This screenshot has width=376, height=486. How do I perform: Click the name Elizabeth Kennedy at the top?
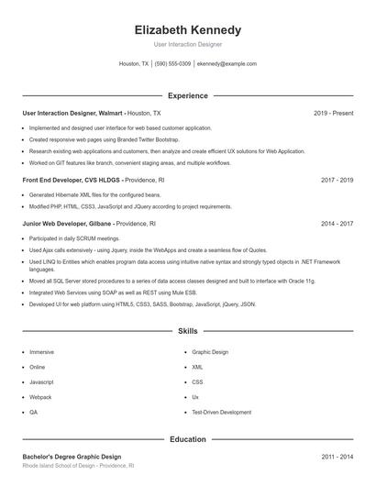(x=187, y=29)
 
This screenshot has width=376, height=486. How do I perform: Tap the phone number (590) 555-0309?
(x=172, y=64)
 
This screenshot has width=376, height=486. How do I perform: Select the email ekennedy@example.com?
(x=227, y=64)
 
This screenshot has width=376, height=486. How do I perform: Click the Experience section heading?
(x=187, y=95)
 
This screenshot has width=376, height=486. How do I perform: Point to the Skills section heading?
(x=187, y=330)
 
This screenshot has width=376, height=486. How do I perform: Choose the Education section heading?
(x=187, y=439)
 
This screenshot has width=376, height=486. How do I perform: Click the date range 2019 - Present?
(x=333, y=113)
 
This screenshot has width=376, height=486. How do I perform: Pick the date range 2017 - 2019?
(x=337, y=180)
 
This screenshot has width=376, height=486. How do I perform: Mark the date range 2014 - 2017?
(x=337, y=223)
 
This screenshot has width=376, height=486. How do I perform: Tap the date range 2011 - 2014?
(x=337, y=457)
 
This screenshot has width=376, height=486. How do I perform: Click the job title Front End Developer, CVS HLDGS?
(x=71, y=180)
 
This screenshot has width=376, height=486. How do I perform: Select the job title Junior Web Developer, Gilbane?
(x=73, y=223)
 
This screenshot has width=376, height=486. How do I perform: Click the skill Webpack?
(x=40, y=397)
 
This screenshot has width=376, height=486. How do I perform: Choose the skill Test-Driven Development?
(x=221, y=413)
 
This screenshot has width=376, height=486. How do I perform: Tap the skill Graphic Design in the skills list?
(x=210, y=351)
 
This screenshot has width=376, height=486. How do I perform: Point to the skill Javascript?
(x=42, y=381)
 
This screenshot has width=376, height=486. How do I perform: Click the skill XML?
(x=197, y=367)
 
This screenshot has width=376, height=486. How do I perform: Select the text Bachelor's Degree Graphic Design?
(x=72, y=457)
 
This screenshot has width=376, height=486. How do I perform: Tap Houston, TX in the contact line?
(x=134, y=64)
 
